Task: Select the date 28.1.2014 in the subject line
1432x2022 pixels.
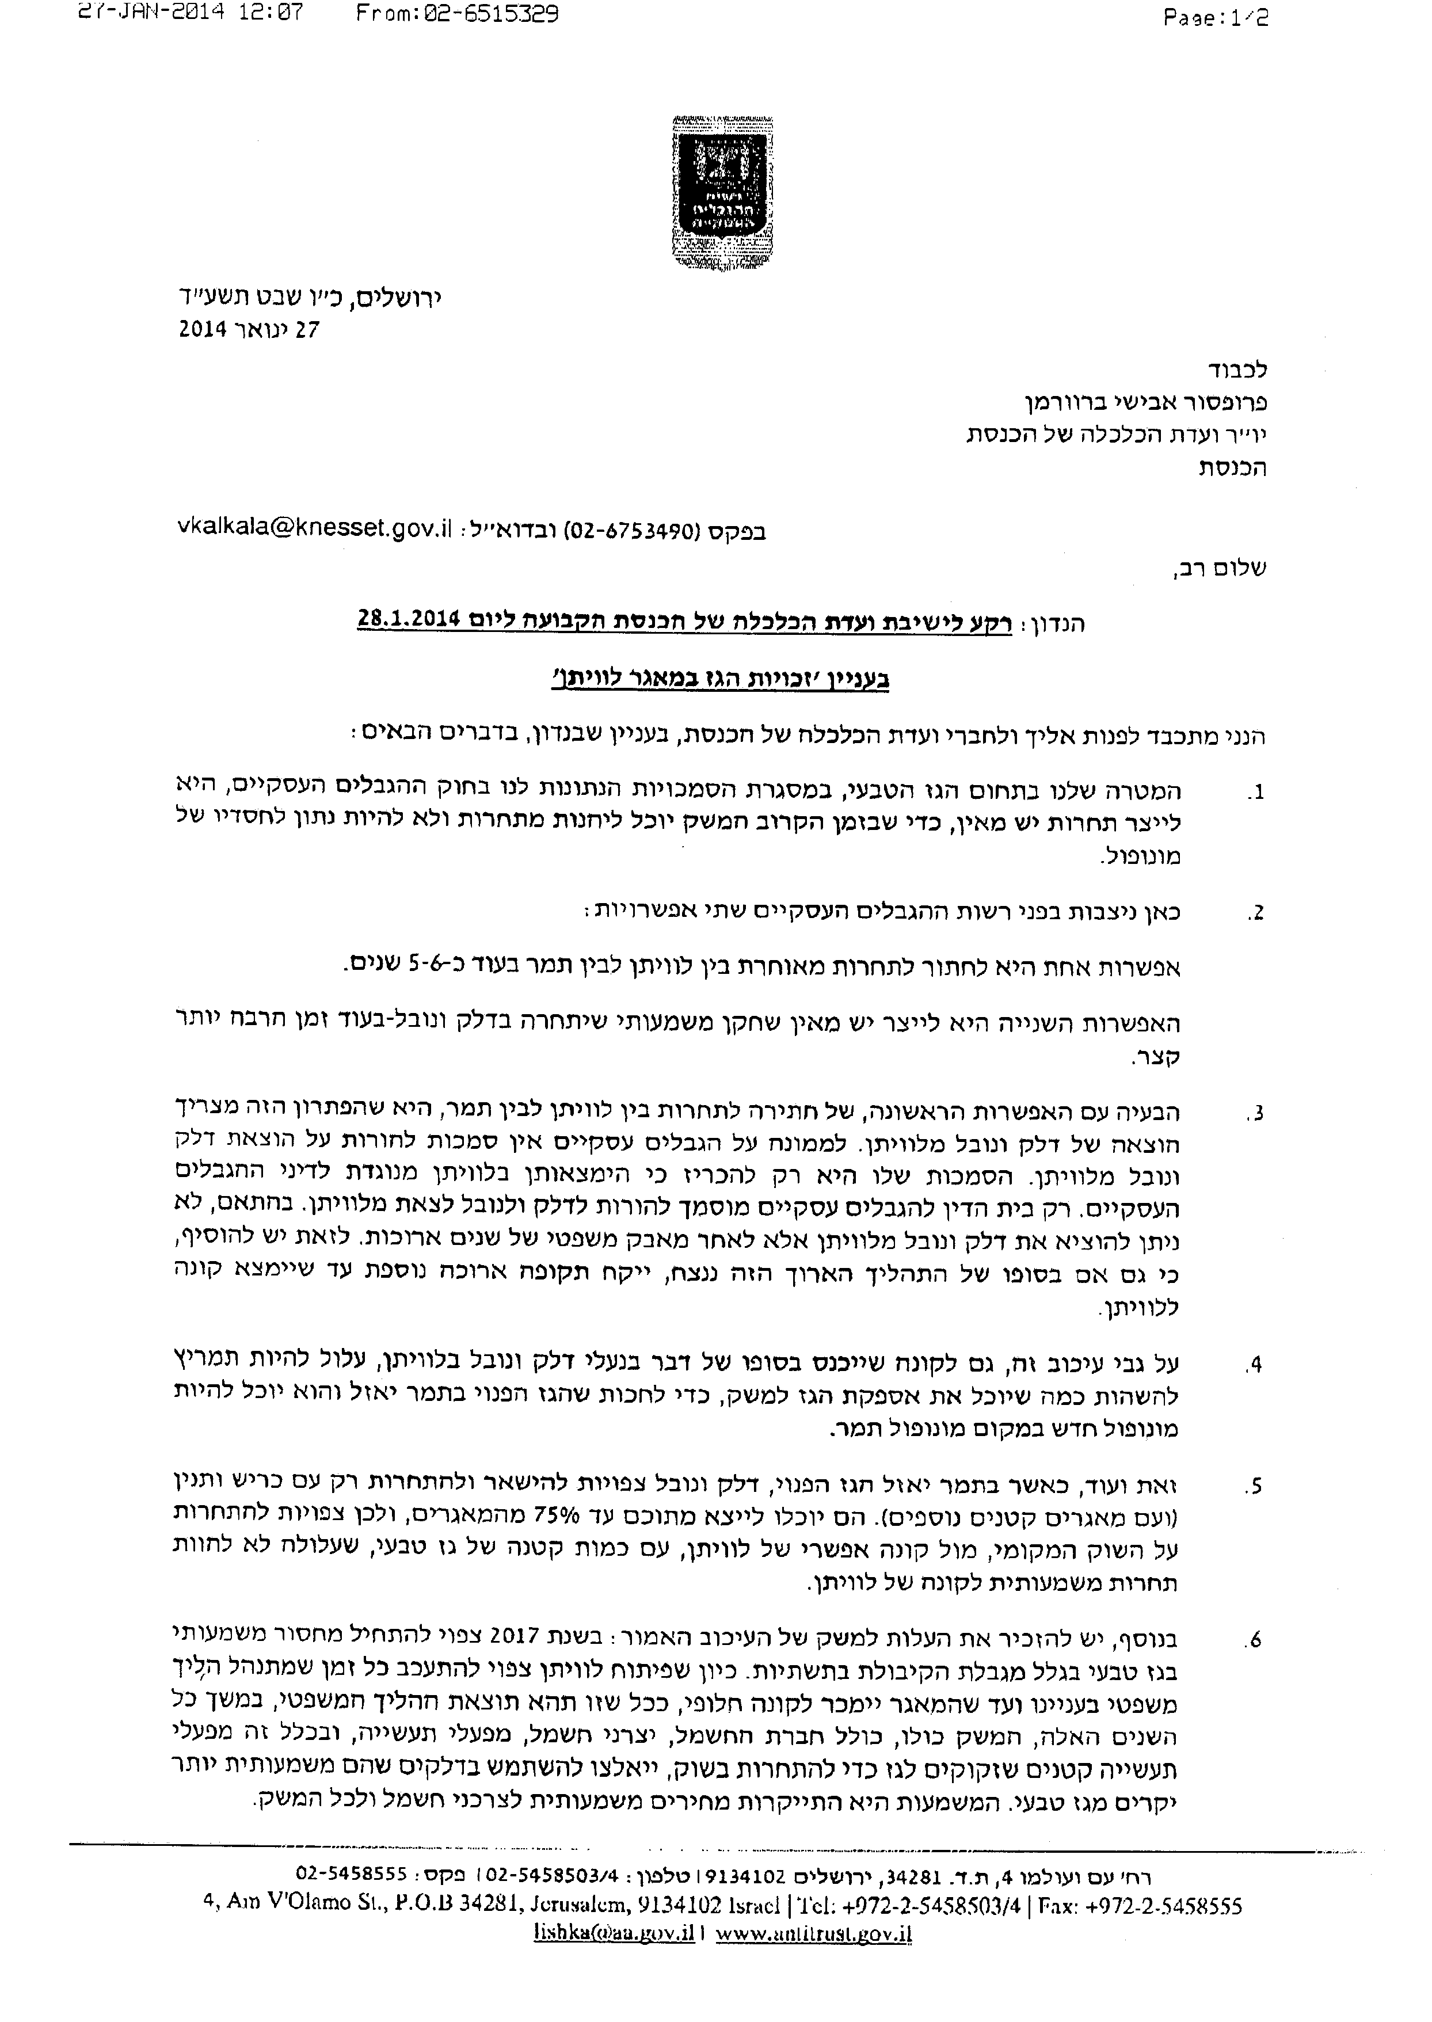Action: pyautogui.click(x=409, y=620)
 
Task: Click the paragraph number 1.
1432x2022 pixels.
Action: pyautogui.click(x=1256, y=793)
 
